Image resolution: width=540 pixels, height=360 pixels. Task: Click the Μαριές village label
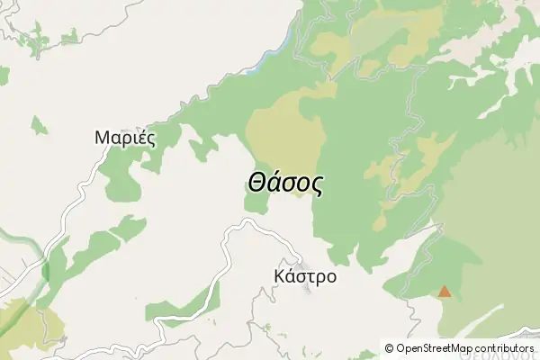pyautogui.click(x=125, y=139)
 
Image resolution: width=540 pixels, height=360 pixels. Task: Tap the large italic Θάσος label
pyautogui.click(x=284, y=183)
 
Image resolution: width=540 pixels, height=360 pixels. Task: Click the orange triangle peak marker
pyautogui.click(x=444, y=292)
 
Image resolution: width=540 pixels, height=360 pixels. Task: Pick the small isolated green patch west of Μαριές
pyautogui.click(x=39, y=125)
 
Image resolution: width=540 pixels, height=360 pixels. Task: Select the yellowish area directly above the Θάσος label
pyautogui.click(x=286, y=135)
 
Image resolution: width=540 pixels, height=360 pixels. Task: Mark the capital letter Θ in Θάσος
pyautogui.click(x=256, y=183)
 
